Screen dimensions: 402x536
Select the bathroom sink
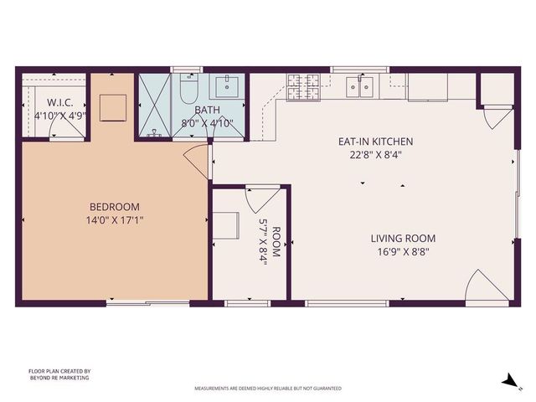[x=226, y=85]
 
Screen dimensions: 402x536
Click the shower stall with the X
[x=154, y=106]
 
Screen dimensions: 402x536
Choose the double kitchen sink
[x=363, y=85]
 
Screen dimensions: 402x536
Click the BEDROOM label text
[x=115, y=207]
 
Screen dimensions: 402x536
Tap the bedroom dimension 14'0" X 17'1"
[x=115, y=221]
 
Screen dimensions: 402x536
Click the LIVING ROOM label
[x=403, y=238]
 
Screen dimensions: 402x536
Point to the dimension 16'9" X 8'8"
[x=403, y=250]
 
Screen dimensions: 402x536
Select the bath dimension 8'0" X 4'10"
[x=207, y=122]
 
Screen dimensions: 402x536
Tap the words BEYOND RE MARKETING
[x=59, y=378]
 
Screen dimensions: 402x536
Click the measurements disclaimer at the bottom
[x=268, y=389]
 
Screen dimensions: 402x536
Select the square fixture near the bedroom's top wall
[x=114, y=107]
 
